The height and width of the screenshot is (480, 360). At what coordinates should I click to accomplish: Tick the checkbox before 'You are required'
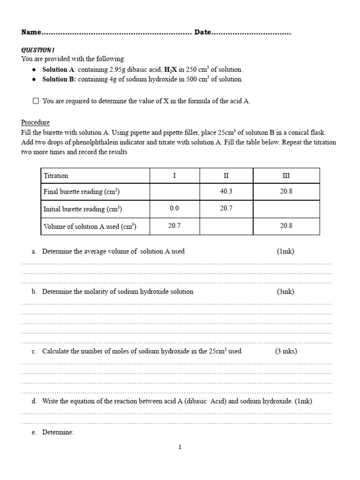click(x=36, y=101)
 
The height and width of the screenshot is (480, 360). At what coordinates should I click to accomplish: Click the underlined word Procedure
click(x=35, y=122)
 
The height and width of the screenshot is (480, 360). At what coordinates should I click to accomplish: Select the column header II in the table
click(x=226, y=176)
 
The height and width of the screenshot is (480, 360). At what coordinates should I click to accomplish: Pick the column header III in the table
click(x=286, y=176)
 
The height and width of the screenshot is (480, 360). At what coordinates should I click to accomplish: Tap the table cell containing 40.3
click(x=226, y=192)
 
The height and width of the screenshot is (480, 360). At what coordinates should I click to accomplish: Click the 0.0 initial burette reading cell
click(x=174, y=209)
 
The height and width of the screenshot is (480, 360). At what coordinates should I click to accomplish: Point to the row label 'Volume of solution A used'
click(x=90, y=226)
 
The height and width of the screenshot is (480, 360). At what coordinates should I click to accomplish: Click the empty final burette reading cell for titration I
click(x=174, y=192)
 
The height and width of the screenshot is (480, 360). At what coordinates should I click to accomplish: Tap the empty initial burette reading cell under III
click(x=286, y=209)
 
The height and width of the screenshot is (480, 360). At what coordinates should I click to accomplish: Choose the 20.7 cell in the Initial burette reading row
click(x=226, y=209)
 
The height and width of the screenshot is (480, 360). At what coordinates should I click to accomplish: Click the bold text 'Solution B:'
click(x=59, y=79)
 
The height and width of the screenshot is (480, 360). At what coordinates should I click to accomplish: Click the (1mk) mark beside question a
click(x=285, y=251)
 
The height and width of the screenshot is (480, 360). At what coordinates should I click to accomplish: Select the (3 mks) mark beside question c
click(x=286, y=351)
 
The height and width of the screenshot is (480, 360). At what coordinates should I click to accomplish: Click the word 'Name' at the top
click(x=31, y=32)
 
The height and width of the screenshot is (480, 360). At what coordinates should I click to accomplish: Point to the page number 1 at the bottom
click(x=180, y=447)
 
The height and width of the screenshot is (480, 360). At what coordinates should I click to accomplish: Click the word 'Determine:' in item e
click(x=58, y=432)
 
